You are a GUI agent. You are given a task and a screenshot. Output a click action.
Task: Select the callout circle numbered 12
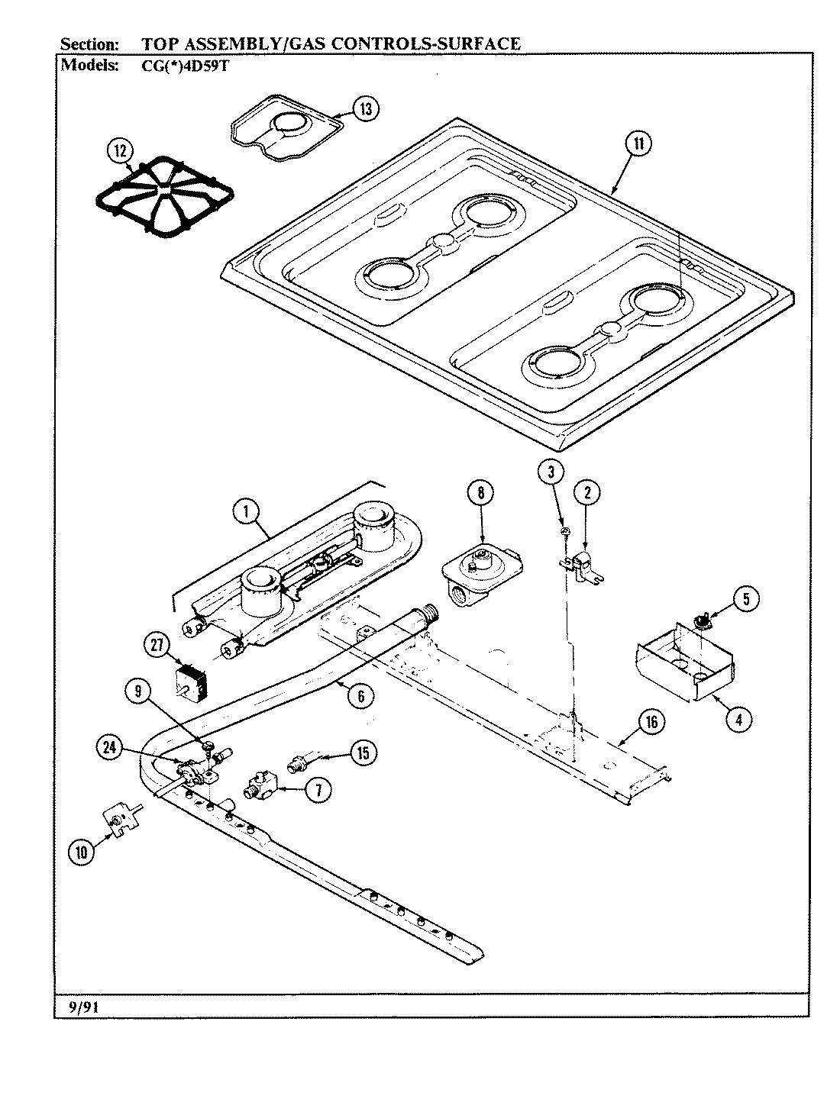coord(118,151)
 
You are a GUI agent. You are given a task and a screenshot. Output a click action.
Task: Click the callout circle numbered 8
coord(480,493)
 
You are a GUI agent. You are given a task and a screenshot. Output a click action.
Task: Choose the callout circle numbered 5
coord(746,598)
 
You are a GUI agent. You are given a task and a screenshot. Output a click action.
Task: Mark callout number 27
coord(157,646)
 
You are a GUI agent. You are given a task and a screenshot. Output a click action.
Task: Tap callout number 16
coord(650,721)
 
